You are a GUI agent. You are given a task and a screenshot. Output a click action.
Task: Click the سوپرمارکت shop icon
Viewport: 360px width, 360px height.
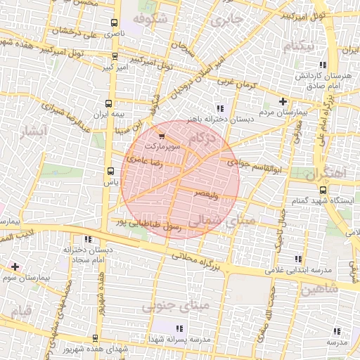(163, 136)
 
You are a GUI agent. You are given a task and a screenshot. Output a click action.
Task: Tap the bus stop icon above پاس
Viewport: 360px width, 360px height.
(110, 171)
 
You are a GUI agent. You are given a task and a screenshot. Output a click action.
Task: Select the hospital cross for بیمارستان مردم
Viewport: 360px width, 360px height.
(283, 101)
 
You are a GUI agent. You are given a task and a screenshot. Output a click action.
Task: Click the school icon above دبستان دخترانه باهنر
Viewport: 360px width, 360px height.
(219, 108)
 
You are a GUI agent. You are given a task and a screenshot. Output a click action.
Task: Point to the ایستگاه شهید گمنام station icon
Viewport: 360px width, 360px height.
(324, 190)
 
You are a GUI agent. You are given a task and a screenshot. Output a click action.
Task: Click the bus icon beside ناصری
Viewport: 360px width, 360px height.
(115, 22)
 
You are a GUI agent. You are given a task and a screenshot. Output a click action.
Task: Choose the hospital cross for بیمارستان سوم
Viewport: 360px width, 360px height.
(15, 266)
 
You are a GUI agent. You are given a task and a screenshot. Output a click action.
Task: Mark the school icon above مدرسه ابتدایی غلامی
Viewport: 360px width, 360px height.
(303, 259)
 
